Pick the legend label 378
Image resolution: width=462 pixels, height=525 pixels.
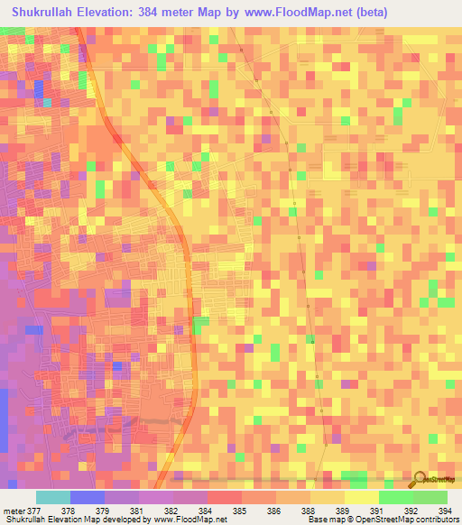click(x=69, y=510)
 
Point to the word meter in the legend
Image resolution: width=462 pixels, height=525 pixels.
click(x=13, y=510)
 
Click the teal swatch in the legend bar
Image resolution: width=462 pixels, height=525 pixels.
click(x=53, y=497)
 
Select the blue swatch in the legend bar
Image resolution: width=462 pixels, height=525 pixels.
click(x=88, y=497)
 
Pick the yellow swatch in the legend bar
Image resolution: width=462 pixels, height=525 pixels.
click(x=327, y=497)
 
